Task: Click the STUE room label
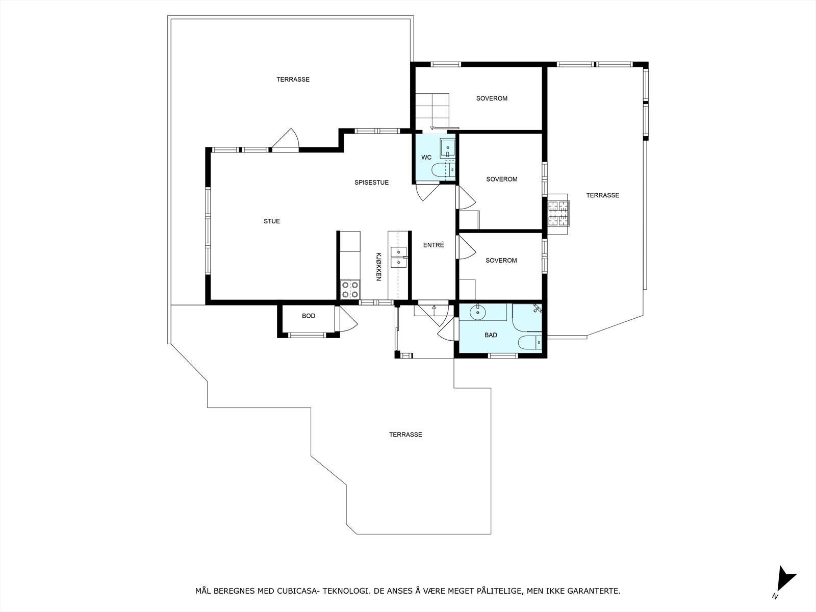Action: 272,221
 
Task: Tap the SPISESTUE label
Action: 371,183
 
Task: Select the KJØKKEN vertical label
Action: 378,267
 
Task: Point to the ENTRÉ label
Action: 433,245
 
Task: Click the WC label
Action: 426,158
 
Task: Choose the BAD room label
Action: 491,335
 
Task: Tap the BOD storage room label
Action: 309,316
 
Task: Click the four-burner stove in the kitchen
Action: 350,290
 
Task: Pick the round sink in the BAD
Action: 477,313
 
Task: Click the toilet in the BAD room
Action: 530,342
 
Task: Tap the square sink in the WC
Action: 448,148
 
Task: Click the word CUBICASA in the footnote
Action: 297,591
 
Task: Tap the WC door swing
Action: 427,192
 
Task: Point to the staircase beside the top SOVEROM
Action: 432,111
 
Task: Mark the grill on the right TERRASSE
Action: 558,214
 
